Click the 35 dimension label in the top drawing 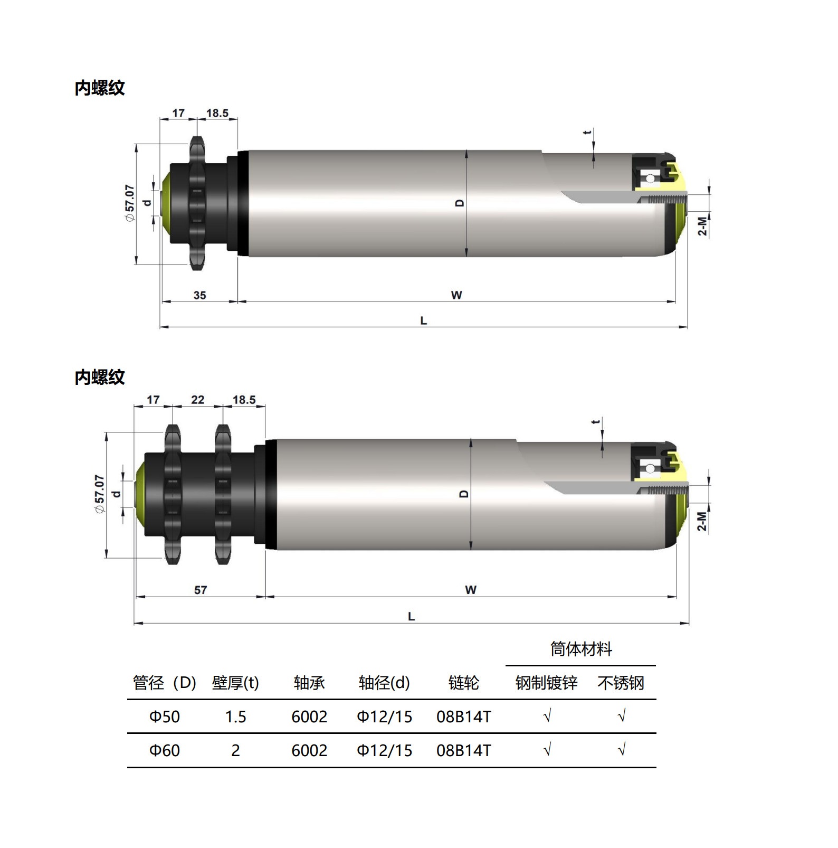coord(199,295)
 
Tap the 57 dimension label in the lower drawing coord(201,590)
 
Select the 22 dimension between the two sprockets coord(198,400)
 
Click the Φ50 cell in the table coord(165,717)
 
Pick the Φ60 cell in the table coord(165,750)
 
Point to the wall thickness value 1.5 coord(235,717)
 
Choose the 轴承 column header coord(309,683)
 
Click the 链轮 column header coord(463,683)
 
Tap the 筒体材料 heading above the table coord(581,648)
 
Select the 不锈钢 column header coord(621,683)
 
